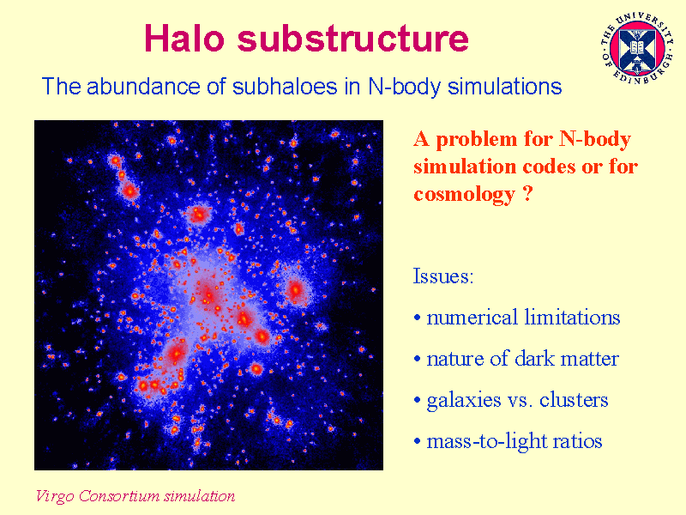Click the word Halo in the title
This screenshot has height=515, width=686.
point(184,38)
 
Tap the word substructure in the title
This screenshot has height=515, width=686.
point(352,38)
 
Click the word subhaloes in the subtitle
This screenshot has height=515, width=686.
point(285,86)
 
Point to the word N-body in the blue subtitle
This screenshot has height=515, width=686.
point(404,87)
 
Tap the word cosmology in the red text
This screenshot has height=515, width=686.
point(465,194)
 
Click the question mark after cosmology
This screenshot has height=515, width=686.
point(527,192)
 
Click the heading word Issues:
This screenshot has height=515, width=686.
point(443,276)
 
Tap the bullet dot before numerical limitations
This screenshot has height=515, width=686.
point(418,318)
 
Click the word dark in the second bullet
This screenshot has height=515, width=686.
point(534,358)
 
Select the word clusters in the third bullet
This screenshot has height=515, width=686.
point(574,399)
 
